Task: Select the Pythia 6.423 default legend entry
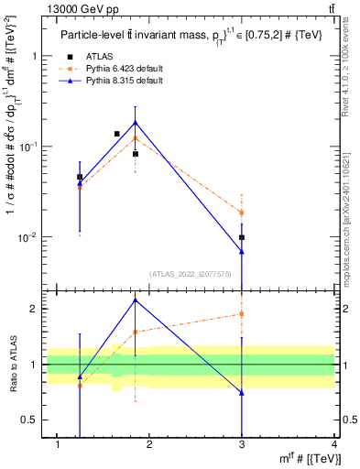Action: point(114,69)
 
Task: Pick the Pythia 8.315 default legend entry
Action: point(114,81)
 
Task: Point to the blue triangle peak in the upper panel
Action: point(136,122)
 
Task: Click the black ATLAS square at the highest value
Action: point(116,134)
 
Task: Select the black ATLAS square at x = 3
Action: point(242,237)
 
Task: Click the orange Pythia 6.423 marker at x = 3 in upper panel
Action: point(242,213)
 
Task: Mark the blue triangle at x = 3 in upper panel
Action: point(242,252)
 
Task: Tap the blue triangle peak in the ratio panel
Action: point(136,300)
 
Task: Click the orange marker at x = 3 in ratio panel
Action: point(242,313)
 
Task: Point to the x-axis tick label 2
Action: point(150,445)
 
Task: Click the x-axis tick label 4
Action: point(334,445)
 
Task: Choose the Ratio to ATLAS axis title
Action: point(13,365)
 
